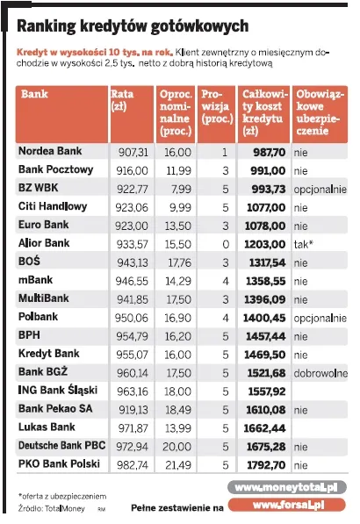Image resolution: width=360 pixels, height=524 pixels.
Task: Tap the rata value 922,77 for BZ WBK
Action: pos(133,189)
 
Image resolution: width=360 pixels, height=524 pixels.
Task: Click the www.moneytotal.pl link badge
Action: pos(286,486)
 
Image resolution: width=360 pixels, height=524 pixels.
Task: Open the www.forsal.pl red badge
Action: pos(287,505)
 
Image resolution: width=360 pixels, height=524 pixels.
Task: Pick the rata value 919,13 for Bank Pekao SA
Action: pos(133,409)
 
